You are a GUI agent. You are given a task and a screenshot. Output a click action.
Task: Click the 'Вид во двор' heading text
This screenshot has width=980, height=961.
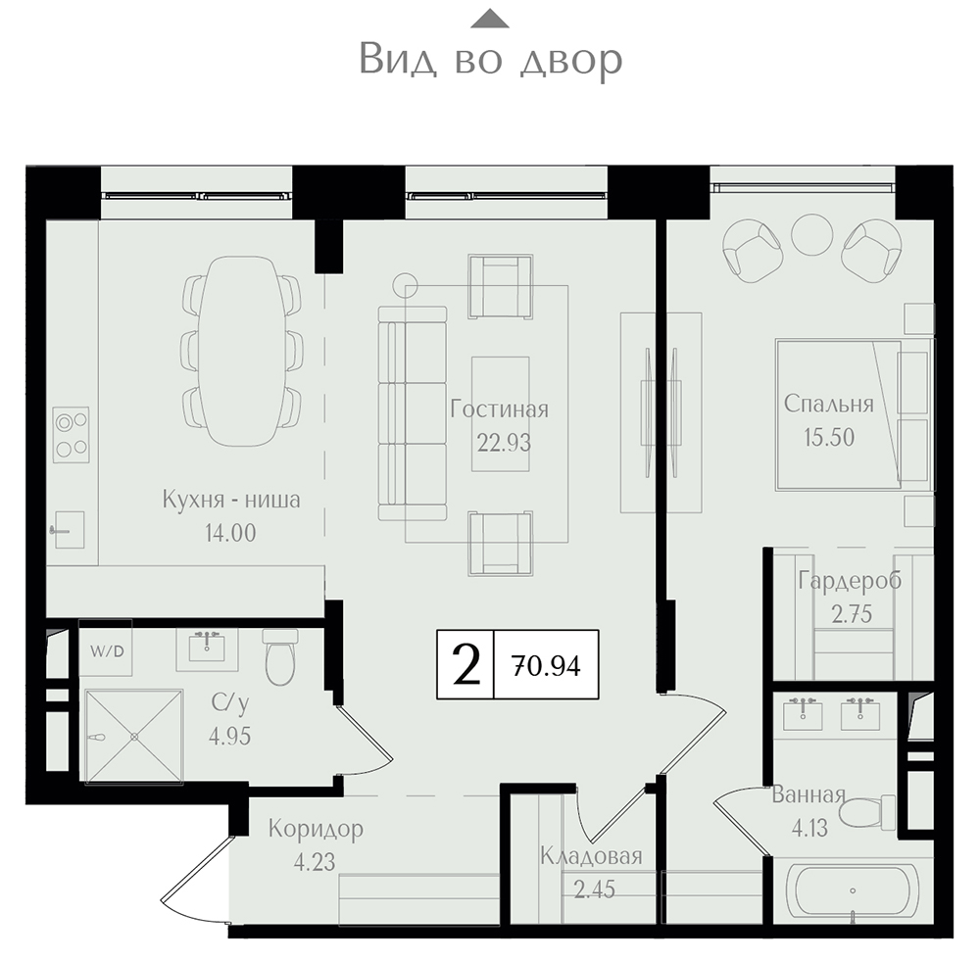click(491, 60)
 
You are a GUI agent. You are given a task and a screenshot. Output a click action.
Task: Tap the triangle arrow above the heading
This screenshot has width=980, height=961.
click(490, 19)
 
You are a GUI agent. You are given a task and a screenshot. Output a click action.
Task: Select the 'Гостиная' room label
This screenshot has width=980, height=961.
click(500, 409)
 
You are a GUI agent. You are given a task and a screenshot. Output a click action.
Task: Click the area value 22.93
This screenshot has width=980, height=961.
click(504, 443)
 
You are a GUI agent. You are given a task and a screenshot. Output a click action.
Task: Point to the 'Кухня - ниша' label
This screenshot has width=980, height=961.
click(231, 500)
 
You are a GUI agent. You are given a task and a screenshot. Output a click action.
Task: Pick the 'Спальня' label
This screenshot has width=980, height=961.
click(829, 405)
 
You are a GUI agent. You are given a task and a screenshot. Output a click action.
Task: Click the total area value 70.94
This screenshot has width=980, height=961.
click(546, 665)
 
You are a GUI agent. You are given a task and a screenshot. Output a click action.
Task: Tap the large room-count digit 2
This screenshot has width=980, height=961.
click(465, 664)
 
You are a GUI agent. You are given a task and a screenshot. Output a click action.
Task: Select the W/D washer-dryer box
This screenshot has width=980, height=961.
click(106, 651)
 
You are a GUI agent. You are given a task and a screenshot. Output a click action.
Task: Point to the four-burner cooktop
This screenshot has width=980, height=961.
click(71, 435)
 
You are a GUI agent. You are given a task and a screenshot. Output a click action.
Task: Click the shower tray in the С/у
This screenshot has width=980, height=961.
click(133, 736)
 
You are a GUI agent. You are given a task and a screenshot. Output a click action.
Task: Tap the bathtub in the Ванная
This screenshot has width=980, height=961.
click(853, 893)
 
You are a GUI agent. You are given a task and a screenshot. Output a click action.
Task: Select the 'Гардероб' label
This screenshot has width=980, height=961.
click(850, 581)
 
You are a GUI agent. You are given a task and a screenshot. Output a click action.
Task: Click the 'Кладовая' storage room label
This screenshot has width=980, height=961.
click(591, 856)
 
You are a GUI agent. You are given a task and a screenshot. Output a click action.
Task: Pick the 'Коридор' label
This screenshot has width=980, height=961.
click(316, 829)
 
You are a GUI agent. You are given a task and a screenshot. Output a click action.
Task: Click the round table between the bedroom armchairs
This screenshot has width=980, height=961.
click(811, 235)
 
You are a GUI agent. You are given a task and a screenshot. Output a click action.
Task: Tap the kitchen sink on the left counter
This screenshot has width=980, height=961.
click(69, 529)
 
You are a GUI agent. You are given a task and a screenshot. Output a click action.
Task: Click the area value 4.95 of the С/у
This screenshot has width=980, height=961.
click(230, 737)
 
